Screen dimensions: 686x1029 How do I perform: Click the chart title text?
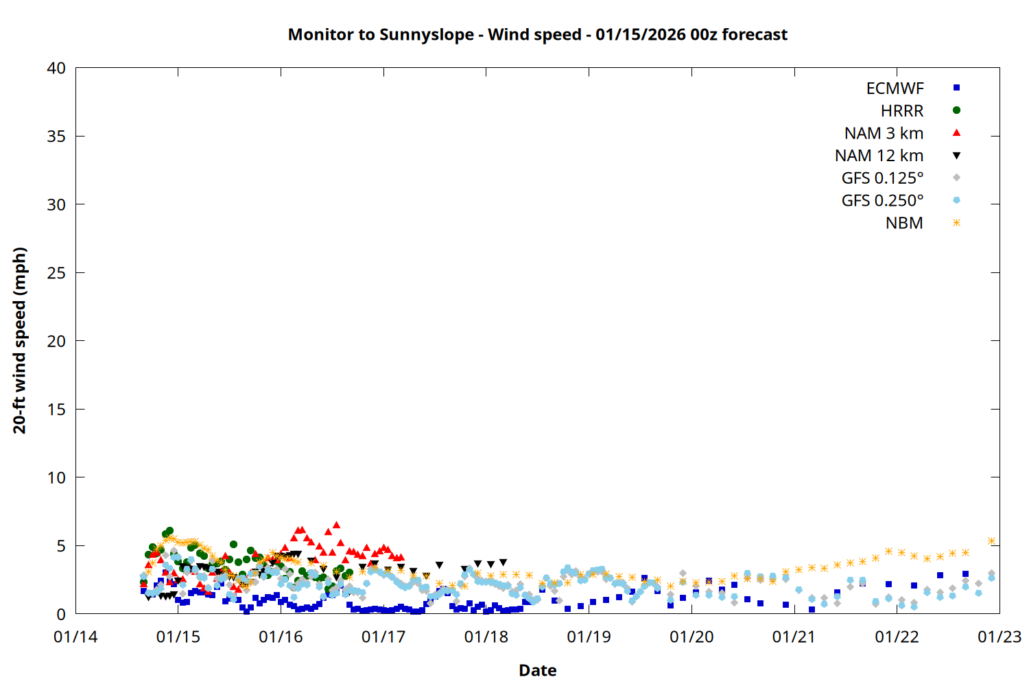pyautogui.click(x=537, y=34)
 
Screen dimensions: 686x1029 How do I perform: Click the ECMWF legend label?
pyautogui.click(x=895, y=88)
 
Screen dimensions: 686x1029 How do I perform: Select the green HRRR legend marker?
pyautogui.click(x=956, y=110)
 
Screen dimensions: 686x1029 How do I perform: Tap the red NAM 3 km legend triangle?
pyautogui.click(x=956, y=132)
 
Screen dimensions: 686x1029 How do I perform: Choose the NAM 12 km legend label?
pyautogui.click(x=879, y=156)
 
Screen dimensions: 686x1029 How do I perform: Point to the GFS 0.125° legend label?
pyautogui.click(x=882, y=178)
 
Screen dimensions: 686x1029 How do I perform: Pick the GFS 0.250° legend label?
pyautogui.click(x=882, y=201)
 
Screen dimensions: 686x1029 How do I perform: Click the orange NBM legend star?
pyautogui.click(x=956, y=223)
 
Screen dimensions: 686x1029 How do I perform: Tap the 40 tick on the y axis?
pyautogui.click(x=56, y=68)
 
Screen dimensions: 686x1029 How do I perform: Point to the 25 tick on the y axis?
pyautogui.click(x=56, y=273)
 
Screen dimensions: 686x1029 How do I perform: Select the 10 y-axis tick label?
pyautogui.click(x=56, y=477)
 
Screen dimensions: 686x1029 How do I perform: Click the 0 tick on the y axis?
pyautogui.click(x=61, y=614)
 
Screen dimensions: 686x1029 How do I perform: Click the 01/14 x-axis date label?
pyautogui.click(x=75, y=637)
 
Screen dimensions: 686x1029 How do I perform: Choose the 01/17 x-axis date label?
pyautogui.click(x=383, y=637)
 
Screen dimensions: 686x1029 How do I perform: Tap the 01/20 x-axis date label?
pyautogui.click(x=691, y=637)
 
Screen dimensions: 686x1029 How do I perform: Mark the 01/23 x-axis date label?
pyautogui.click(x=1000, y=637)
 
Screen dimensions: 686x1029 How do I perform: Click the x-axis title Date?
pyautogui.click(x=537, y=670)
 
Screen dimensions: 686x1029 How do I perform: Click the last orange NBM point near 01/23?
pyautogui.click(x=991, y=541)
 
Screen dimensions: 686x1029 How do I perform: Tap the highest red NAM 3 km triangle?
pyautogui.click(x=336, y=525)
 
